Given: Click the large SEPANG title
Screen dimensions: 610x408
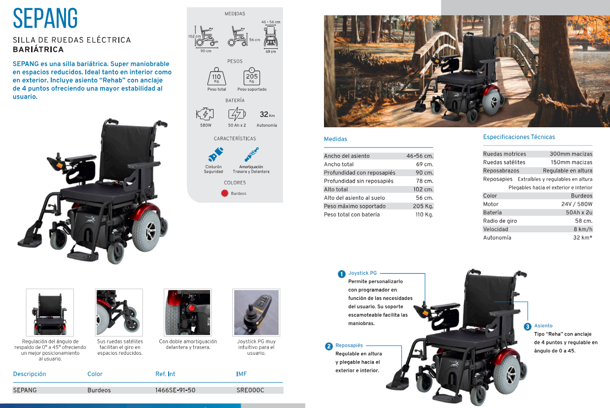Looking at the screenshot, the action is coord(45,18).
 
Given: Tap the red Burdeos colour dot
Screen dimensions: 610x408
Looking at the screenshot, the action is coord(225,193).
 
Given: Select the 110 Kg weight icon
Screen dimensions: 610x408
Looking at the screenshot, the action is coord(216,76).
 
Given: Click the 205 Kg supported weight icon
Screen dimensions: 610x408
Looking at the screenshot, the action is coord(251,76).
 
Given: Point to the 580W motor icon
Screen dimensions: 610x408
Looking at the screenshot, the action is coord(205,114).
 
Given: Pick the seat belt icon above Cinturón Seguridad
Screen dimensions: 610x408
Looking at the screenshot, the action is coord(215,154).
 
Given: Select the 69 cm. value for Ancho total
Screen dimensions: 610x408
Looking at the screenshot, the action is coord(425,164).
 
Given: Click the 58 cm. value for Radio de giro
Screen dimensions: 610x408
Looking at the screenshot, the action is coord(583,221).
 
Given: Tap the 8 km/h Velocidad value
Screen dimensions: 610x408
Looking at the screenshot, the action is coord(583,229).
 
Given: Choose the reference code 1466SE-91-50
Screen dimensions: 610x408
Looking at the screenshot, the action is coord(175,390).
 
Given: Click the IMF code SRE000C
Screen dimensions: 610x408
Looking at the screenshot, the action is coord(251,390).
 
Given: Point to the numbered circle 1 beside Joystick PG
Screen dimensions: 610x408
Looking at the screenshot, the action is coord(341,274).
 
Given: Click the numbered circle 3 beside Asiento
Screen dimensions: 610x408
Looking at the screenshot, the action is coord(528,327).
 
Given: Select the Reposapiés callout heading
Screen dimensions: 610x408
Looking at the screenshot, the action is coord(349,345).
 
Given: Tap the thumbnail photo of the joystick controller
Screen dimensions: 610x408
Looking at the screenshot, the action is coord(256,312).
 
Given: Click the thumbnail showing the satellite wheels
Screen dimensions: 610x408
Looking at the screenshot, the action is coord(119,312).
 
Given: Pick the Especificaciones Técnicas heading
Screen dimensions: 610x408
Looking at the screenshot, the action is coord(519,137).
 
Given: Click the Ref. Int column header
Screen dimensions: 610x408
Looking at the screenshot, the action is coord(165,374).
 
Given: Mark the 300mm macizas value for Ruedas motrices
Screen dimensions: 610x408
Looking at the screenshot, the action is coord(571,154).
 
